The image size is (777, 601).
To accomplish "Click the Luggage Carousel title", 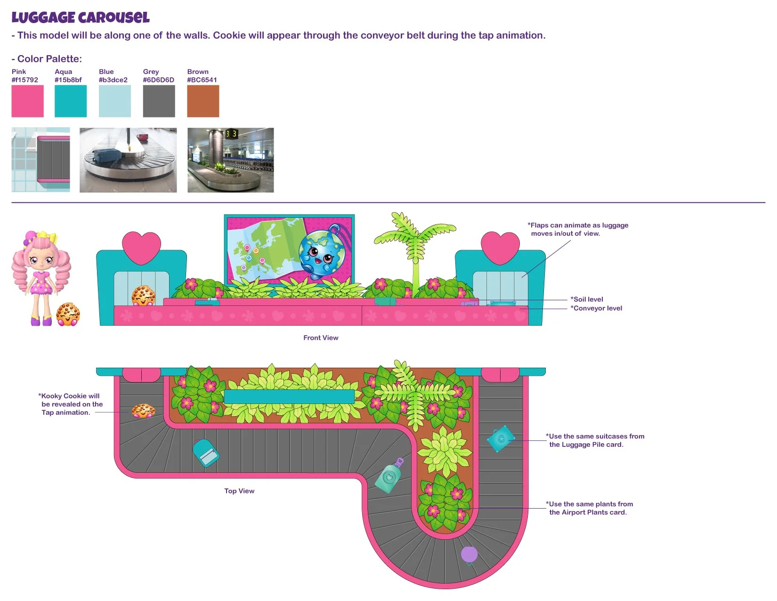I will tap(81, 18).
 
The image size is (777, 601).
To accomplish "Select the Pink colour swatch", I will tap(27, 101).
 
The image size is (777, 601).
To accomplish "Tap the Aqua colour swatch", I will tap(71, 101).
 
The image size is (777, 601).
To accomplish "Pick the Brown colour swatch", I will tap(203, 101).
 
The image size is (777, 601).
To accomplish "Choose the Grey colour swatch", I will tap(159, 101).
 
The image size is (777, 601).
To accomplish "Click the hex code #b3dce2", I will tap(113, 80).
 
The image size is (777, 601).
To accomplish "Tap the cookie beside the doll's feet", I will tap(68, 314).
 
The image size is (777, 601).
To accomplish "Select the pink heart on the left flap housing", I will tap(141, 247).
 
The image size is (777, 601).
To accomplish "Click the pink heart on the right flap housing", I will tap(500, 247).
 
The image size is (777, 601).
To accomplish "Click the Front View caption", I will tap(321, 338).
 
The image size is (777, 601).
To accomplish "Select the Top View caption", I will tap(239, 491).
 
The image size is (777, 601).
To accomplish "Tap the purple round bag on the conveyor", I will tap(469, 555).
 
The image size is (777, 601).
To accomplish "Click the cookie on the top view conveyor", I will tap(143, 411).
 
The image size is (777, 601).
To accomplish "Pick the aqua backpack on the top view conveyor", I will tap(206, 453).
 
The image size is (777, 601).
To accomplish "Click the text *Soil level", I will tap(587, 299).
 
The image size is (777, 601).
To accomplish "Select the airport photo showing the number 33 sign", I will tap(230, 160).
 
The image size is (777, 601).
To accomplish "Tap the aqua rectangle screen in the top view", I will tap(289, 396).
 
